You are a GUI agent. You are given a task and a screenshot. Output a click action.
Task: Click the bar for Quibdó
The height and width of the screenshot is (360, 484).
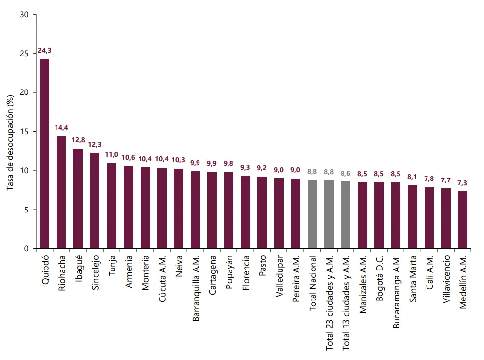[45, 153]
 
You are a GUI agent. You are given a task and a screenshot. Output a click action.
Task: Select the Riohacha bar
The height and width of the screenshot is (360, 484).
[61, 192]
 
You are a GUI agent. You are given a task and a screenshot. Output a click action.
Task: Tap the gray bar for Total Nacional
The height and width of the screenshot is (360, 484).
[312, 214]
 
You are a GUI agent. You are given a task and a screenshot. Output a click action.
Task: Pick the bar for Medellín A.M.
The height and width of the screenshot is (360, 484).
[462, 220]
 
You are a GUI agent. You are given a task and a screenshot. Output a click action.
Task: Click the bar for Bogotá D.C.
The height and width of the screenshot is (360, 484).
[379, 215]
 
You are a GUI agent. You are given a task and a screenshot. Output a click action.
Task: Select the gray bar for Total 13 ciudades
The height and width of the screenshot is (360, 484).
[345, 215]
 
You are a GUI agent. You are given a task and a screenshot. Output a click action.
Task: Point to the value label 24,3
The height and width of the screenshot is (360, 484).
[45, 51]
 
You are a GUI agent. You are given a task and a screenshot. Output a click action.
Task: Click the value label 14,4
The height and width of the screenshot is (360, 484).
[61, 128]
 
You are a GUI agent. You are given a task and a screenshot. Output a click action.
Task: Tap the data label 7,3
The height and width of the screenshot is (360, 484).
[462, 183]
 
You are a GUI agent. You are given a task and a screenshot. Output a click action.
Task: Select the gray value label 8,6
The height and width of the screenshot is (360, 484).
[345, 173]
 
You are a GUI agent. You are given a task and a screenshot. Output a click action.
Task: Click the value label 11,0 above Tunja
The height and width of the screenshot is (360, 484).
[112, 154]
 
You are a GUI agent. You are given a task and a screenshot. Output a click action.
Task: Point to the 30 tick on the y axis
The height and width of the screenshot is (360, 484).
[25, 15]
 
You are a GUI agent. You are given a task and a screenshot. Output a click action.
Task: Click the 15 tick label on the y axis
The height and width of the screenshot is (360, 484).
[25, 132]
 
